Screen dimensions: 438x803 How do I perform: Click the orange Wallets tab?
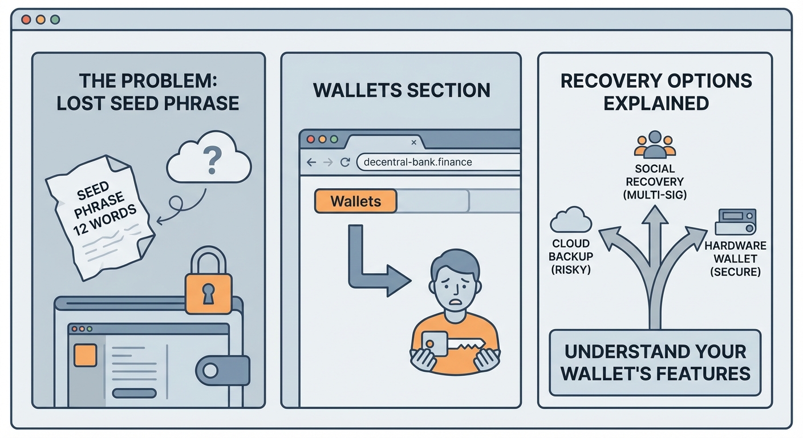355,201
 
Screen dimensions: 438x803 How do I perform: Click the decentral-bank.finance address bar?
436,162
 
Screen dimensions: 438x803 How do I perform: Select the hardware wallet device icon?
736,221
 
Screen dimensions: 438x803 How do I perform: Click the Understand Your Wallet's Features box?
655,362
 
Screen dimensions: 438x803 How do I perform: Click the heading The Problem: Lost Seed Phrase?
148,92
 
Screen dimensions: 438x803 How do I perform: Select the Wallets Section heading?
401,90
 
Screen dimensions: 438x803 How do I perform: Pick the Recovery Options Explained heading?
656,92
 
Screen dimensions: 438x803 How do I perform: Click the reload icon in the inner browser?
344,162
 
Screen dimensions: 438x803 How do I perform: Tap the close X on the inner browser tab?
414,143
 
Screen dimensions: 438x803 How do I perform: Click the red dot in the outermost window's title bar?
26,19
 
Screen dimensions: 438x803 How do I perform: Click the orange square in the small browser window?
85,355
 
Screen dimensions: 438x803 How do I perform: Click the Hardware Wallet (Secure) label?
735,259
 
